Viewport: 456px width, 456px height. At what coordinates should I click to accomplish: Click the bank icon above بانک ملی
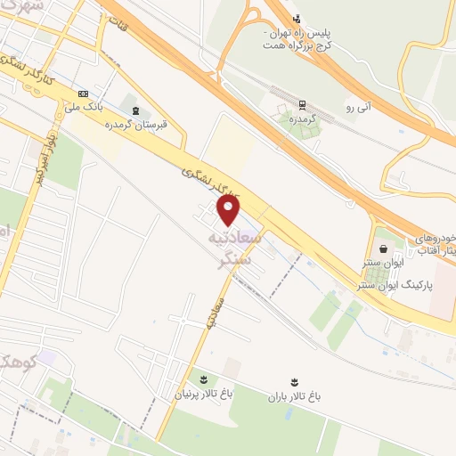tap(84, 94)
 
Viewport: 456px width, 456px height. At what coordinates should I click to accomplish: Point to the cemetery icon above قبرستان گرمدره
tap(134, 110)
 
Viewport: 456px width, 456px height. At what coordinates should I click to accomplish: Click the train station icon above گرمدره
tap(304, 104)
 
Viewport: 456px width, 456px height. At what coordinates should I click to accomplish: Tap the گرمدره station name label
tap(304, 118)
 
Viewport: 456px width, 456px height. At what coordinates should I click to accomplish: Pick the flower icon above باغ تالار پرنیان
tap(201, 379)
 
